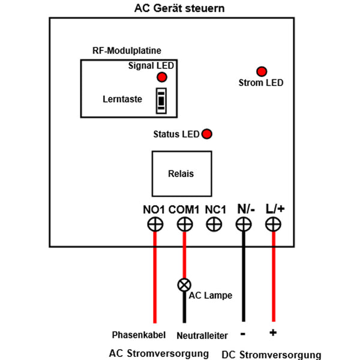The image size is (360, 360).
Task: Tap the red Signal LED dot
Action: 161,77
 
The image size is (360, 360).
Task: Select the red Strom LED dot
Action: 261,71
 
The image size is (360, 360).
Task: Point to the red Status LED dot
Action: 207,134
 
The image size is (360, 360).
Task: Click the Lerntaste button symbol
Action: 161,100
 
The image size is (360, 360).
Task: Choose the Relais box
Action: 181,173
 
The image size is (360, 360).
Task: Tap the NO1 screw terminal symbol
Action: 155,225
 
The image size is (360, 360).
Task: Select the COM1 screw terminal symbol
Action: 184,225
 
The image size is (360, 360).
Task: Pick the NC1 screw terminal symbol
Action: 214,225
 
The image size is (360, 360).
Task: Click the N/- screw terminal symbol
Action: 243,225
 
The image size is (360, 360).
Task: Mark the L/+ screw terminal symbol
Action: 274,225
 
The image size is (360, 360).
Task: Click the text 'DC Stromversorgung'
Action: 271,355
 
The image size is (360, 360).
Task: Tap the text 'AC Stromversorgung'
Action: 159,352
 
